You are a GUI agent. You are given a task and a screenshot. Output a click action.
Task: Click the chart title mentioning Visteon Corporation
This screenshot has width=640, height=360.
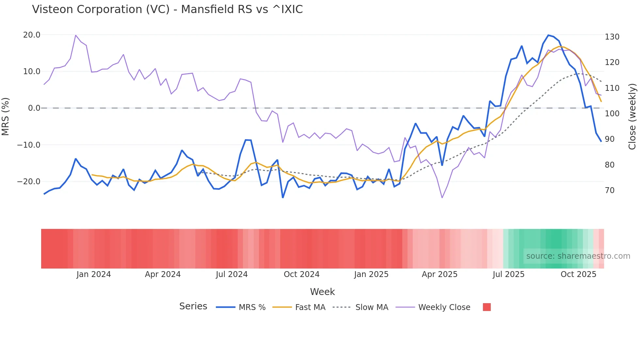pos(167,9)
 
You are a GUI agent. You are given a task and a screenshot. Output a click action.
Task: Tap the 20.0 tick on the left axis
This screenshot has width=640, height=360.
pos(32,35)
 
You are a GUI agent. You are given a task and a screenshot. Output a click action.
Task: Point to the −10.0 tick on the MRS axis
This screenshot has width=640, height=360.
pos(29,145)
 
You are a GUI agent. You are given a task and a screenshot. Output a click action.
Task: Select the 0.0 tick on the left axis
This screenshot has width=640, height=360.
pos(34,108)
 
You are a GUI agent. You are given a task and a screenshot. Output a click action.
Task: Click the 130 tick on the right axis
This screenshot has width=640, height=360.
pos(612,37)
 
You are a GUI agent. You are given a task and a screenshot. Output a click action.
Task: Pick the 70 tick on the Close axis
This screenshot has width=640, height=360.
pos(610,190)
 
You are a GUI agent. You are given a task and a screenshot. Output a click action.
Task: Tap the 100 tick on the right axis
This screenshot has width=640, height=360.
pos(612,114)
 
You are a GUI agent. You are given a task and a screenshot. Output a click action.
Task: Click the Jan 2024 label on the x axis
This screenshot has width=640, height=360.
pos(94,274)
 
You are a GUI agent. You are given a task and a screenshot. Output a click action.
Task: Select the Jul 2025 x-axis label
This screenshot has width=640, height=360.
pos(508,274)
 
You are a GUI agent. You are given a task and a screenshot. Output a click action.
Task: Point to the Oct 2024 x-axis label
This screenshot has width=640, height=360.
pos(301,274)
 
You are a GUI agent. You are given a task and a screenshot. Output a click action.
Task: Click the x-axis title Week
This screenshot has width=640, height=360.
pos(322,292)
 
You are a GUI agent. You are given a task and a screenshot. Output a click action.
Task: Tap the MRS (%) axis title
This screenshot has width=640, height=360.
pos(6,117)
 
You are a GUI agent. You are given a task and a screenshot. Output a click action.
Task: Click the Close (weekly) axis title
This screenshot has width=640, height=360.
pos(632,117)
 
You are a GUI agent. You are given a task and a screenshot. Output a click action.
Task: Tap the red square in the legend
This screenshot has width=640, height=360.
pos(487,307)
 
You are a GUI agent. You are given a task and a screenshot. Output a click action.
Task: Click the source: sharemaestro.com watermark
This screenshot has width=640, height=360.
pos(578,256)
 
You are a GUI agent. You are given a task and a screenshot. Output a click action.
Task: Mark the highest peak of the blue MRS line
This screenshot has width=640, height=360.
pos(548,35)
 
